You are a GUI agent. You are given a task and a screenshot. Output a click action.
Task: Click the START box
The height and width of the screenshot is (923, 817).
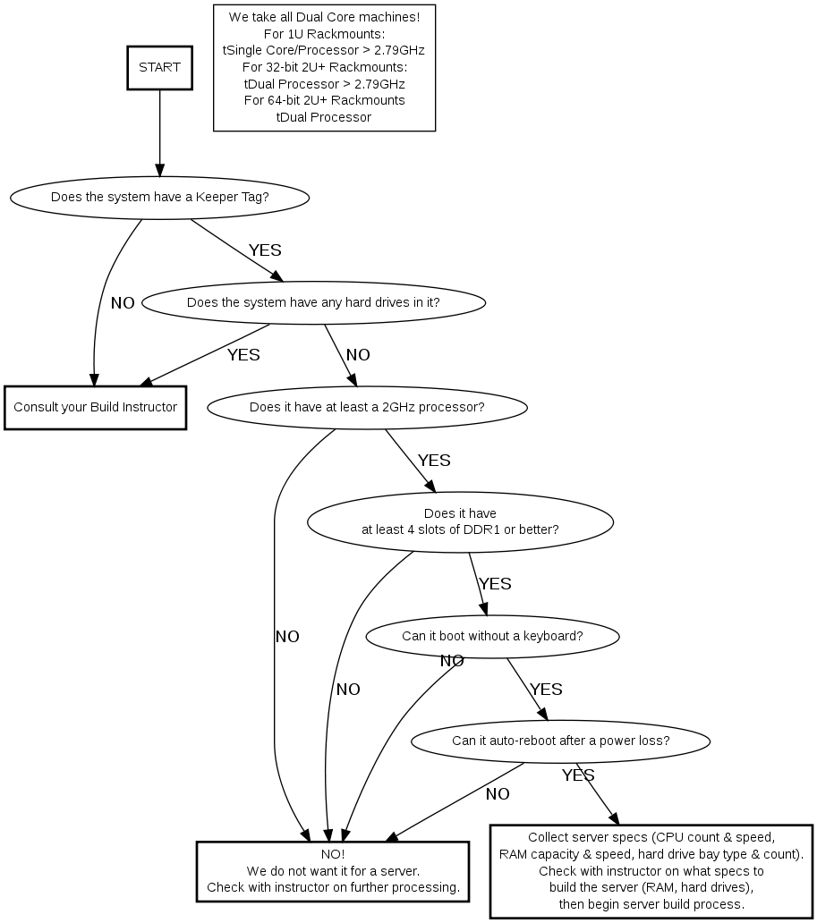coord(160,67)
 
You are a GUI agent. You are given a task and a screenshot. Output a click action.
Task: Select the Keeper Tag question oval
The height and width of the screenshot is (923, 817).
coord(160,197)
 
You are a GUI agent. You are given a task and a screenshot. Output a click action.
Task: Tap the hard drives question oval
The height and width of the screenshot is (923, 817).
coord(313,302)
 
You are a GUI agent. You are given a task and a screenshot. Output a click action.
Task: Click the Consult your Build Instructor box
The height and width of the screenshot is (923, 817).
coord(95,408)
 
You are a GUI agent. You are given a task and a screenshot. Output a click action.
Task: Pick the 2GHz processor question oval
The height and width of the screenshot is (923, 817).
coord(367,408)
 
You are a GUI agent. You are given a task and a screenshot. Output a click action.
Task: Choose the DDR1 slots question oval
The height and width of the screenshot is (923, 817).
coord(460,521)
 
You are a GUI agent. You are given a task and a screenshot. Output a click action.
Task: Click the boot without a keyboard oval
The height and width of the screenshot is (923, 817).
coord(492,636)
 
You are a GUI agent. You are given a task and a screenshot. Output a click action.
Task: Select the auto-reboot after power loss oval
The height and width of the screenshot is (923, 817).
coord(560,741)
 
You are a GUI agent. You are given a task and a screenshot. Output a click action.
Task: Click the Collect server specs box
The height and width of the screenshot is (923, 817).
coord(651,871)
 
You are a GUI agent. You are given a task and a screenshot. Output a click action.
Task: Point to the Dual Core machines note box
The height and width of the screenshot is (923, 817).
coord(324,67)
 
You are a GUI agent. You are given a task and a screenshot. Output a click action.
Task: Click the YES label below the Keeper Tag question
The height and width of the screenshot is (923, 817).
coord(265,250)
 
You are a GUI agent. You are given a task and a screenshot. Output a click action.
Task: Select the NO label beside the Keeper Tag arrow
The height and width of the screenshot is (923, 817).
coord(123,303)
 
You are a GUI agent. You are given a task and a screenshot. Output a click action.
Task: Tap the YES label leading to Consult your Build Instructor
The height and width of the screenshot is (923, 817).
coord(243,355)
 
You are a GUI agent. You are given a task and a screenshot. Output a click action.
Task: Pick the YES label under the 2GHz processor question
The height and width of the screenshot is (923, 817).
coord(434,461)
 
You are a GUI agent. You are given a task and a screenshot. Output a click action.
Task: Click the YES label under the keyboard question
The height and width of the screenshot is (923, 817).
coord(546,690)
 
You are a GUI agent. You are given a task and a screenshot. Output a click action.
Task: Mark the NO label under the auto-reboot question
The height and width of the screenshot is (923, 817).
coord(498,794)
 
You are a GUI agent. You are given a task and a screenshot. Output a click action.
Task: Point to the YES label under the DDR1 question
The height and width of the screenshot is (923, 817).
coord(495,584)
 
